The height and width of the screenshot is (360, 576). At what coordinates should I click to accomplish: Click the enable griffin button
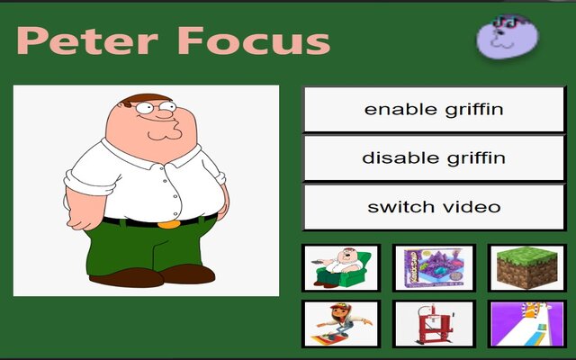pos(433,110)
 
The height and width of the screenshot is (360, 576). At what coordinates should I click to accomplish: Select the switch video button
pos(433,207)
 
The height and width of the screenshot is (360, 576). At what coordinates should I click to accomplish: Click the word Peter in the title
pos(82,41)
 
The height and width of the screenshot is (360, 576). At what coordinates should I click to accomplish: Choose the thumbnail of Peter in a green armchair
pos(341,267)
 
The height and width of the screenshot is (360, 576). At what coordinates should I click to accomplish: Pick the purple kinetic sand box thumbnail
pos(434,267)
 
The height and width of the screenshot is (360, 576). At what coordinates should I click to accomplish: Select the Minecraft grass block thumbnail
pos(526,267)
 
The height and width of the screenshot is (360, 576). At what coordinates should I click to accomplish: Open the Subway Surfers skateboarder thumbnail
pos(341,324)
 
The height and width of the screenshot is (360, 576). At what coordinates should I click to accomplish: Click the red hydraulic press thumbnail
pos(434,324)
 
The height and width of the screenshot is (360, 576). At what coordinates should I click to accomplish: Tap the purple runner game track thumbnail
pos(526,324)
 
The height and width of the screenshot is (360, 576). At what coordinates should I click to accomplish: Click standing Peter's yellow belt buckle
pos(167,222)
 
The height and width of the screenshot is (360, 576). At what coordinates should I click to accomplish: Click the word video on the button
pos(471,207)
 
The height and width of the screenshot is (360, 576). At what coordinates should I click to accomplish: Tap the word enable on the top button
pos(392,110)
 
